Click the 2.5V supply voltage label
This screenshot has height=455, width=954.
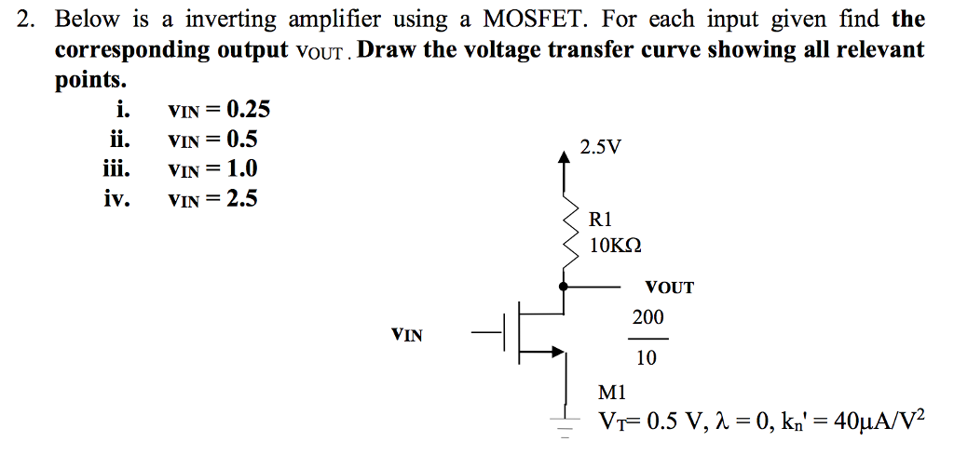pos(600,147)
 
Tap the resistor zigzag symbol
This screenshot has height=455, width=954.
pos(564,234)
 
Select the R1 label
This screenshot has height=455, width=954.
pos(602,220)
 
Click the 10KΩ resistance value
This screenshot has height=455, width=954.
pos(616,246)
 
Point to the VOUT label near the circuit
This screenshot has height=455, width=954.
pos(669,288)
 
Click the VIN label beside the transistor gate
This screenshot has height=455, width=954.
pos(406,334)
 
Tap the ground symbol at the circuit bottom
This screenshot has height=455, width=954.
pos(563,424)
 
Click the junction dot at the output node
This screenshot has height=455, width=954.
pos(563,288)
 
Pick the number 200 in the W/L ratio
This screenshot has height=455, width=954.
pos(647,318)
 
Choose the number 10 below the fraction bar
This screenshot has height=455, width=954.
pos(646,358)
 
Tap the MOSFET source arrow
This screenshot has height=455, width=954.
pos(557,352)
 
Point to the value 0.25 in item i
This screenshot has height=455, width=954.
pos(249,110)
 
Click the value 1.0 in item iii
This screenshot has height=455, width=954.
pos(242,168)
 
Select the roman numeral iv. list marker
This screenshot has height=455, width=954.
pos(116,198)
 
